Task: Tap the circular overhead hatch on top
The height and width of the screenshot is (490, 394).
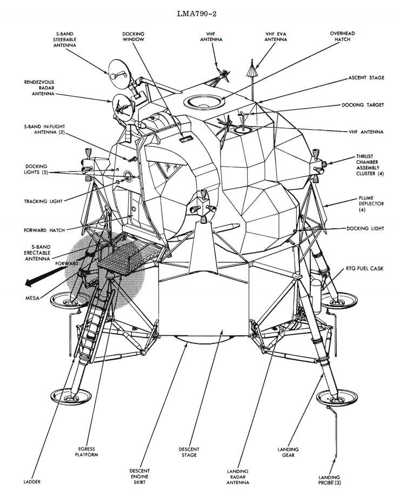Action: click(205, 101)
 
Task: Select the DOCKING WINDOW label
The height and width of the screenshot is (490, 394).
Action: click(133, 36)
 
